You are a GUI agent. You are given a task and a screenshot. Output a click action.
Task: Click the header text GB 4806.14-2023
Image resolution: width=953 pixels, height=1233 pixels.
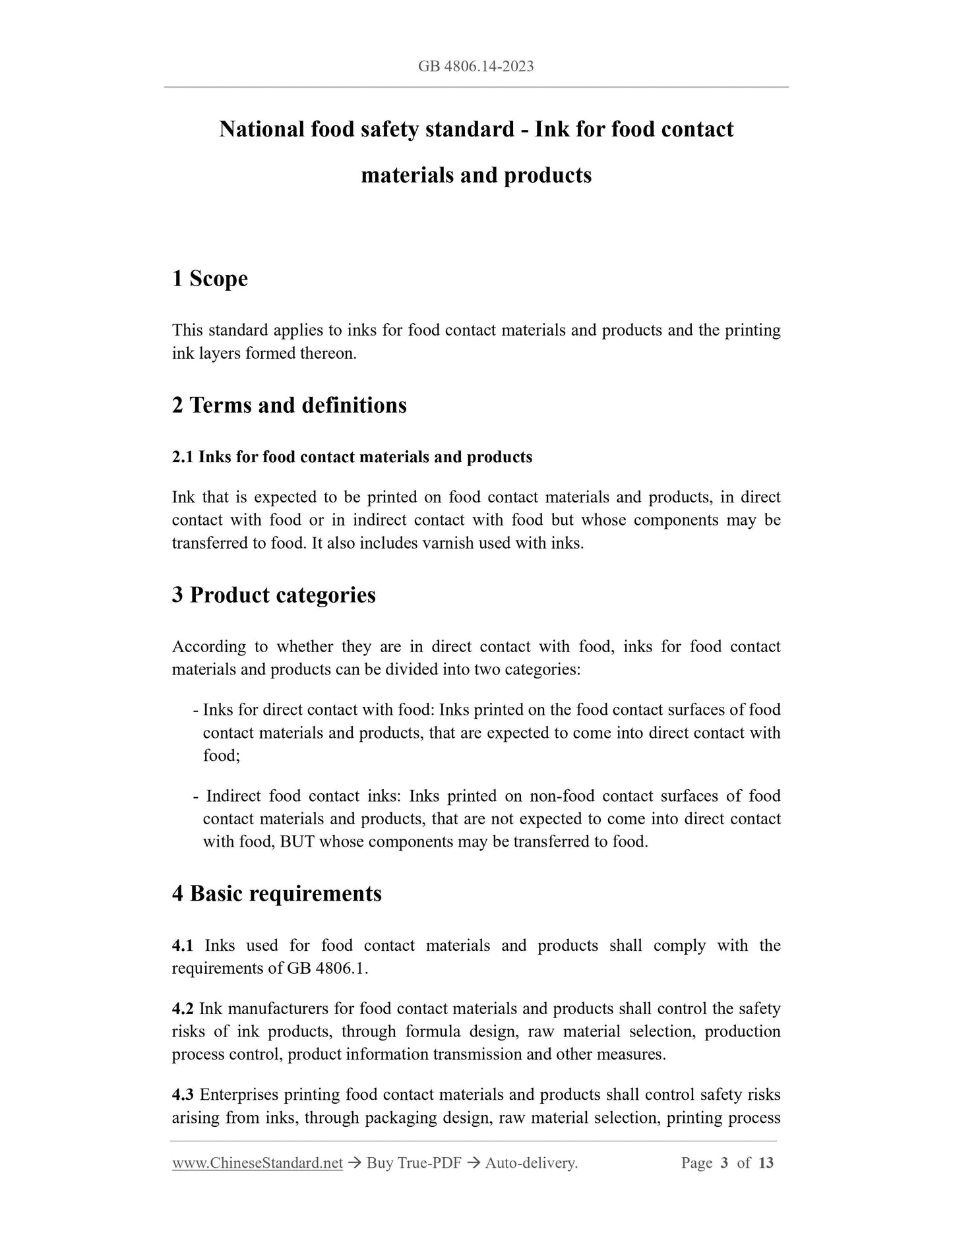pyautogui.click(x=476, y=66)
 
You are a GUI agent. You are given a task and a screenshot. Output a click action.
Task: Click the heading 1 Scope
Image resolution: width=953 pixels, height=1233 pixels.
pyautogui.click(x=210, y=278)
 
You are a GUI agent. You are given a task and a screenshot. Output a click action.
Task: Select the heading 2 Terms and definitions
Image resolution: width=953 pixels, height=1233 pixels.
pyautogui.click(x=289, y=405)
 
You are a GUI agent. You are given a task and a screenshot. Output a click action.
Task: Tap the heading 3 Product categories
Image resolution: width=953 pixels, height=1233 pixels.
pyautogui.click(x=274, y=595)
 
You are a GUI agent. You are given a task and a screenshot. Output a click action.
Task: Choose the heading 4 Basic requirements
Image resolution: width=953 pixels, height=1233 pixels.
pyautogui.click(x=276, y=893)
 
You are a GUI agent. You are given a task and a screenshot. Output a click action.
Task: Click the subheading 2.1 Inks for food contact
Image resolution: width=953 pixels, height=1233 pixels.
pyautogui.click(x=352, y=457)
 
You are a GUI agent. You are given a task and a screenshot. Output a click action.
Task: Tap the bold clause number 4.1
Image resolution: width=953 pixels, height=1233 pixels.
pyautogui.click(x=182, y=946)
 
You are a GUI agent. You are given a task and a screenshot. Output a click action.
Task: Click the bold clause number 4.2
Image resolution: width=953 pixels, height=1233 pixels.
pyautogui.click(x=182, y=1009)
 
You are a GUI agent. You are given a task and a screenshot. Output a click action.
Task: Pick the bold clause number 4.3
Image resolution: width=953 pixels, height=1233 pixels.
pyautogui.click(x=182, y=1095)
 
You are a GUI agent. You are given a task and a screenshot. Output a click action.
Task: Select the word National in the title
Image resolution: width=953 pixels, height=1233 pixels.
pyautogui.click(x=261, y=129)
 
